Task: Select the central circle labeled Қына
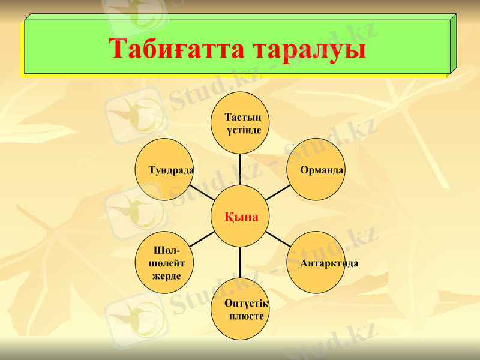(241, 216)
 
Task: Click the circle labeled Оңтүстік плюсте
(241, 309)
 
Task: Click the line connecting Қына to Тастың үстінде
(241, 169)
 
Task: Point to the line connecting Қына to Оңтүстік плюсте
(241, 263)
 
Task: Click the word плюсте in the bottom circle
(247, 316)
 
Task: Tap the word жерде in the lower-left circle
(166, 276)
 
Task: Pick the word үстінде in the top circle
(244, 130)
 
